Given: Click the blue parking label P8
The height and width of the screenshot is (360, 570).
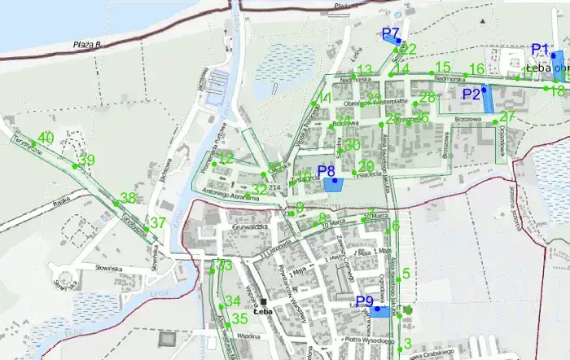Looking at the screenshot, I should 327,171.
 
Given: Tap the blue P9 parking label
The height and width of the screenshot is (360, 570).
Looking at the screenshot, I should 365,301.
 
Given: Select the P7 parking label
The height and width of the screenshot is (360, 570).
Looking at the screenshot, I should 390,33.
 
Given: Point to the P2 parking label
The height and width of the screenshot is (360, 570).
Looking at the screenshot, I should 471,94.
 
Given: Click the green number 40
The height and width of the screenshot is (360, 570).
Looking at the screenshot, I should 46,137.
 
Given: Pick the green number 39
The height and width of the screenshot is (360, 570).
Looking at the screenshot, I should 87,160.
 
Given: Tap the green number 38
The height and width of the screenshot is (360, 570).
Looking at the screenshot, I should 128,198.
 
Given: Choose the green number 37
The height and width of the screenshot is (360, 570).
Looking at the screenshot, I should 158,223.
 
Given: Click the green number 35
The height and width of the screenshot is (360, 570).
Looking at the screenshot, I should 239,318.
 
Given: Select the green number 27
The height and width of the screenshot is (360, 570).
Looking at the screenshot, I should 507,116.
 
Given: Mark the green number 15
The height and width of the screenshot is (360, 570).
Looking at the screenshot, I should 443,67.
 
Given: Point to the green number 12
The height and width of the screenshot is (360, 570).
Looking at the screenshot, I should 226,158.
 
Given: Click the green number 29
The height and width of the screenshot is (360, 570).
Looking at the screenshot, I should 366,166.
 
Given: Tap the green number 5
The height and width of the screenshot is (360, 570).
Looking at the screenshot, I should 406,274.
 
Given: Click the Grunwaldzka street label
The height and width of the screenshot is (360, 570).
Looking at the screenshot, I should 250,226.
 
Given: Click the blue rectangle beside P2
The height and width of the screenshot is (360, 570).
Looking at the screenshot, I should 489,99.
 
